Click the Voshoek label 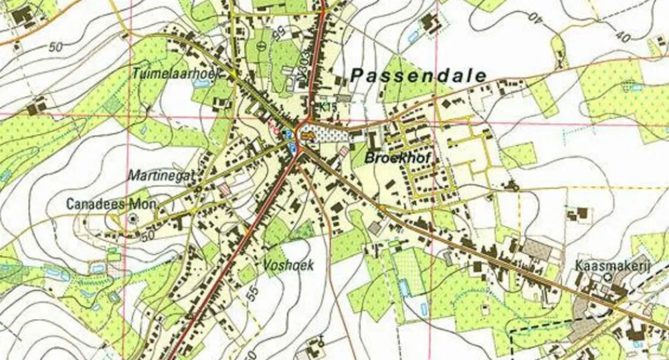pos(288,265)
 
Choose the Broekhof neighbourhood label pos(397,158)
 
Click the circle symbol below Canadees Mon pos(132,218)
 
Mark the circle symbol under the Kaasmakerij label pos(607,276)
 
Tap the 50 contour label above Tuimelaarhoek pos(56,47)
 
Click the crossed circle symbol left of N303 pos(260,45)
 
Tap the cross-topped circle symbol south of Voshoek pos(321,342)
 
